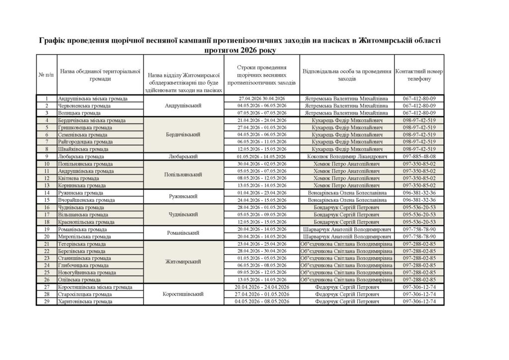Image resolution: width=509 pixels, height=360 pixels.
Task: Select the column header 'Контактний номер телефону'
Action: (x=419, y=75)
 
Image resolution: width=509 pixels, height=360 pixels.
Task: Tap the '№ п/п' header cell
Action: (x=46, y=75)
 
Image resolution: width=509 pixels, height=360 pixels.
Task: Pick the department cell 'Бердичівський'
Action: (x=182, y=134)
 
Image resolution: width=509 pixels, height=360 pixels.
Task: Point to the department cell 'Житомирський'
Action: (x=182, y=262)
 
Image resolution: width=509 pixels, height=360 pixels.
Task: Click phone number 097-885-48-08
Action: (x=419, y=156)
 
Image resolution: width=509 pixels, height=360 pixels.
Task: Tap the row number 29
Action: (x=47, y=301)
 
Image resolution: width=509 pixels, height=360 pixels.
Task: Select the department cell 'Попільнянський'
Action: (x=182, y=174)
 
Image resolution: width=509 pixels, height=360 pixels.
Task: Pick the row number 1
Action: (x=47, y=98)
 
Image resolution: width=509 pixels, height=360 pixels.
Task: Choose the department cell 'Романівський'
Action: (x=182, y=233)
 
